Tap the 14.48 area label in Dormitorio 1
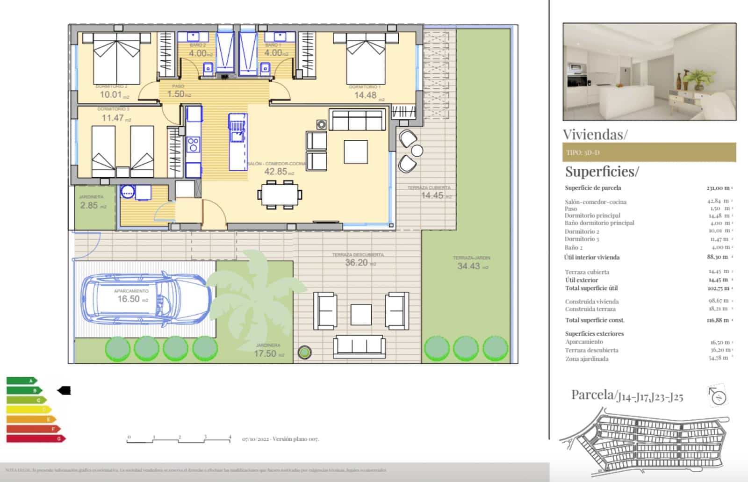coord(366,95)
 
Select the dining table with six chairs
coord(280,194)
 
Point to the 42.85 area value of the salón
coord(276,172)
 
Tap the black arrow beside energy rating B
coord(64,390)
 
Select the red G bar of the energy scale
coord(35,439)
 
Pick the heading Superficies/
coord(601,172)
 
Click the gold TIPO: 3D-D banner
coord(649,152)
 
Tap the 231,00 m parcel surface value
coord(718,188)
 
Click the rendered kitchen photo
coord(649,72)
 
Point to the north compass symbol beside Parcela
coord(718,396)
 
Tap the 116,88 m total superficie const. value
coord(718,320)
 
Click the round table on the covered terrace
coord(417,151)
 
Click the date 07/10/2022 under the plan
coord(255,439)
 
